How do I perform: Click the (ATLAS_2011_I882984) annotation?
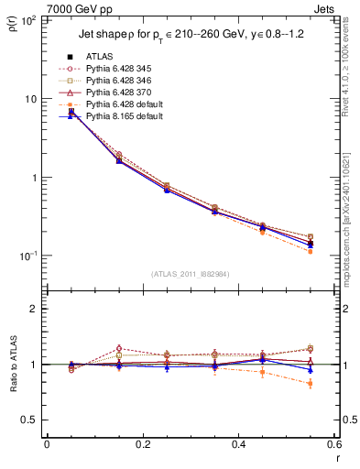click(191, 274)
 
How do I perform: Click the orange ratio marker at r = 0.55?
click(311, 384)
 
